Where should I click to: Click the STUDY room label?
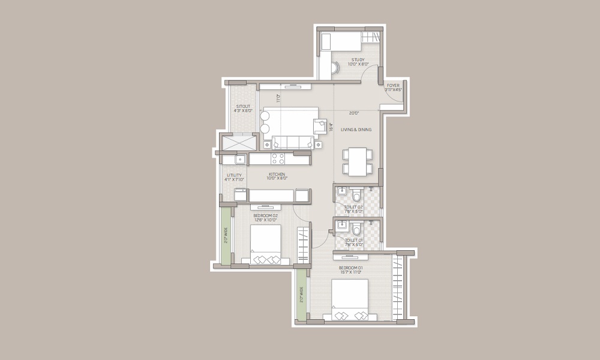click(x=358, y=60)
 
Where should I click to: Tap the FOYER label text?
click(x=393, y=86)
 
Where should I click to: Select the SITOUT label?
click(x=244, y=107)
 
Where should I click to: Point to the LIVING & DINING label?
click(x=356, y=130)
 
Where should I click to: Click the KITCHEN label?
click(x=277, y=175)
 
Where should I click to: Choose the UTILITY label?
click(x=233, y=175)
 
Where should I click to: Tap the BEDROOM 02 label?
click(x=266, y=215)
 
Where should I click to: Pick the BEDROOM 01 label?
click(x=351, y=267)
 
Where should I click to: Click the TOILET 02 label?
click(x=353, y=207)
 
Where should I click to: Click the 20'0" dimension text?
click(x=354, y=112)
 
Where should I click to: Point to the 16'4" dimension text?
click(x=331, y=126)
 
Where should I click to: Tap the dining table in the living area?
click(x=358, y=161)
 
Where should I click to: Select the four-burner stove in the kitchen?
click(x=278, y=158)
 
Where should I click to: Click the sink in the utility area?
click(x=239, y=159)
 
